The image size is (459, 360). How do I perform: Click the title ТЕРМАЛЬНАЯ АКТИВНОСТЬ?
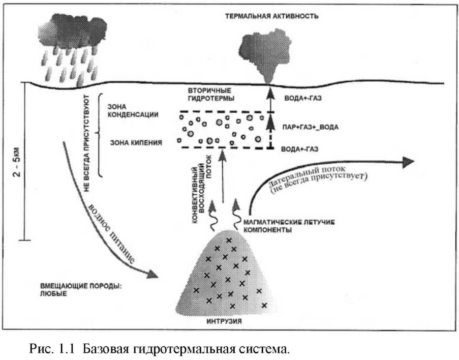click(x=272, y=16)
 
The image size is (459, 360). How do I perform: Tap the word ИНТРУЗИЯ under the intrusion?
click(x=223, y=322)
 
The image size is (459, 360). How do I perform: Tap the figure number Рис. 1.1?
click(x=51, y=350)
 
